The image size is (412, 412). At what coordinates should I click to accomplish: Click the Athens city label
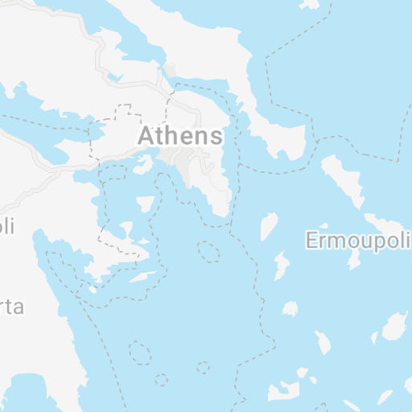(x=180, y=135)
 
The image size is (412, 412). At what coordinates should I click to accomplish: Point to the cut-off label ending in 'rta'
(x=11, y=307)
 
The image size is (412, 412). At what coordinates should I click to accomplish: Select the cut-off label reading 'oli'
(x=7, y=226)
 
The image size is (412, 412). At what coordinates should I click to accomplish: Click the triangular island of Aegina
(x=146, y=204)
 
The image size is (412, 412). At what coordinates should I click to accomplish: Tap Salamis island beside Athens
(x=143, y=165)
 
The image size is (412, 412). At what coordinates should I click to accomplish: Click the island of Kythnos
(x=282, y=266)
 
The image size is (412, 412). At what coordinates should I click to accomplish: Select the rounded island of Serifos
(x=290, y=308)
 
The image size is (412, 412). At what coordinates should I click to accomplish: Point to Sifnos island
(x=323, y=342)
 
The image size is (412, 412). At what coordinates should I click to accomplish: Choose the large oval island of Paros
(x=393, y=326)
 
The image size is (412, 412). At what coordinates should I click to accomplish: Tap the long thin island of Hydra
(x=143, y=277)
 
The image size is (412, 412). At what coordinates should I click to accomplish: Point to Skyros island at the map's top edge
(x=309, y=4)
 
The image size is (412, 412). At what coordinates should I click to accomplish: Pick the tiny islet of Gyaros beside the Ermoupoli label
(x=323, y=227)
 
